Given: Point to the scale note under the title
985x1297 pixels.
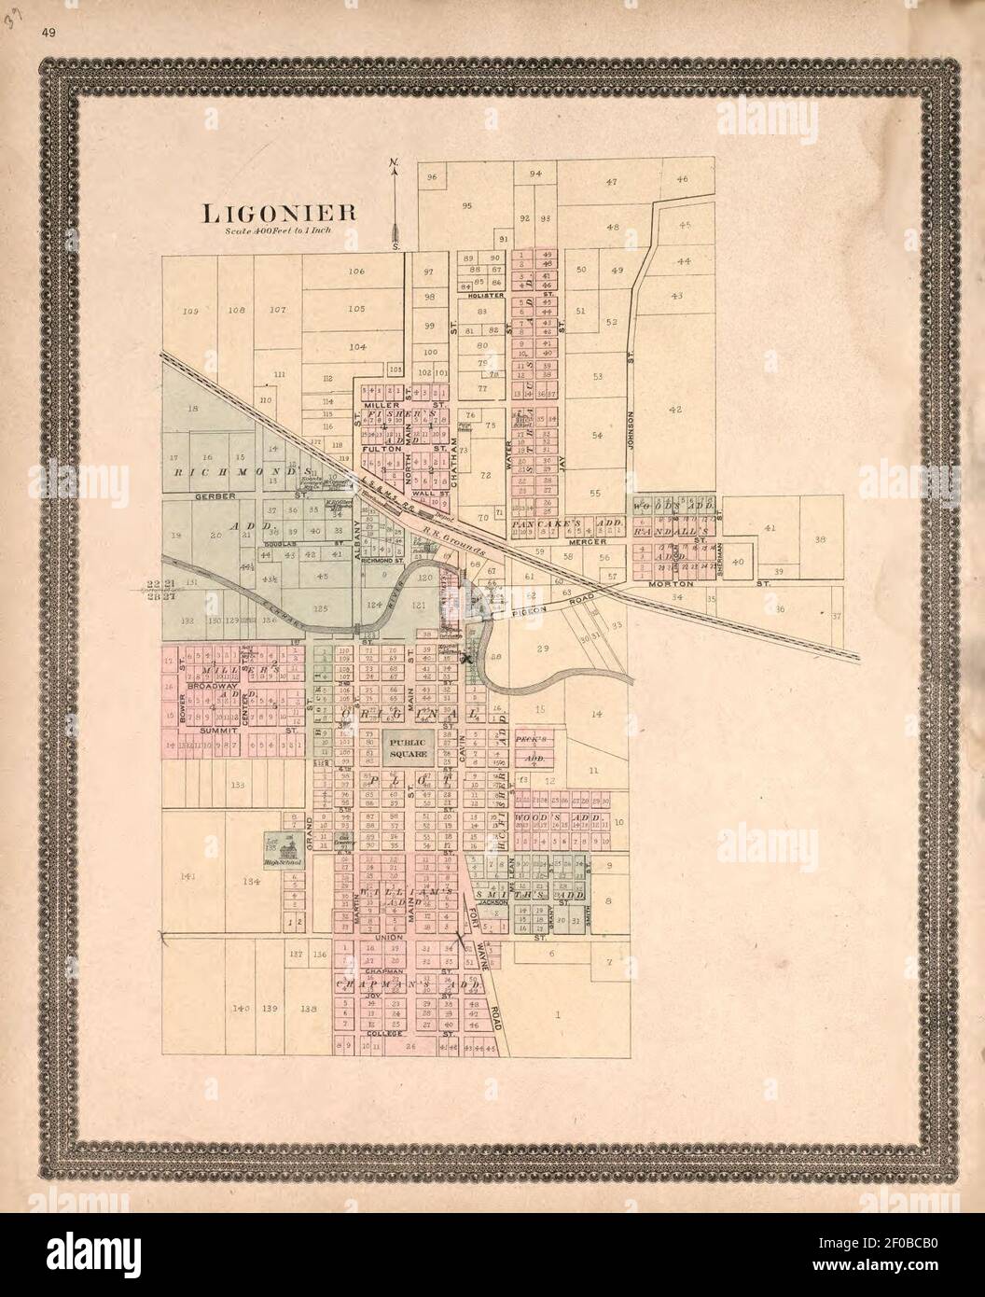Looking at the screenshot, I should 270,230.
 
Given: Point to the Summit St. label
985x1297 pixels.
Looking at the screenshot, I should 220,730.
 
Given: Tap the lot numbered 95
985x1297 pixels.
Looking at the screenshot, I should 466,206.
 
